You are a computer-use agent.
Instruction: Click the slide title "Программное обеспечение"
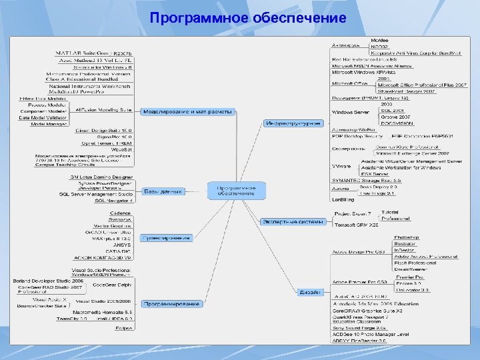click(248, 17)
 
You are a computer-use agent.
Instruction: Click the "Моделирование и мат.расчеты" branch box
click(188, 112)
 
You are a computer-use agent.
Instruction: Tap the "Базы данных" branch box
click(163, 191)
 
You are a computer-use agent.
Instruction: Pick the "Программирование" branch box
click(171, 304)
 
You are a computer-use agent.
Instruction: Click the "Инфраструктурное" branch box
click(293, 123)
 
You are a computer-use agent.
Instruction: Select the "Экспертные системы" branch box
click(293, 221)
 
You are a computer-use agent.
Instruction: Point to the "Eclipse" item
click(122, 328)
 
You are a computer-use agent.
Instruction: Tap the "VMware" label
click(341, 165)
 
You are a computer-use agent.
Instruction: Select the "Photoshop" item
click(406, 237)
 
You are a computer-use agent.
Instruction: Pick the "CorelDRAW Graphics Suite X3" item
click(367, 311)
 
